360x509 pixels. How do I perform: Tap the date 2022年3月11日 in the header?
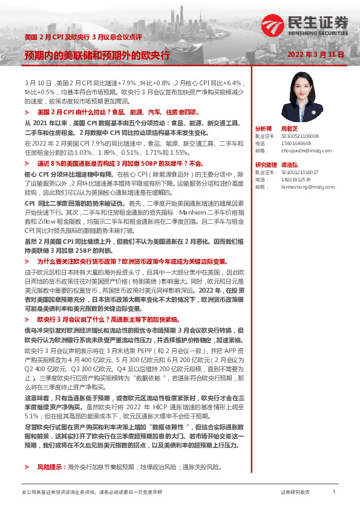(315, 54)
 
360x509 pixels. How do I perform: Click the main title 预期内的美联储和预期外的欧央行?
(97, 55)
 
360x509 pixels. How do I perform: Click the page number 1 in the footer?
(333, 493)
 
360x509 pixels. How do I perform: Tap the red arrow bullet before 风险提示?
(27, 467)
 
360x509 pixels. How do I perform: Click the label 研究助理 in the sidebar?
(266, 165)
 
